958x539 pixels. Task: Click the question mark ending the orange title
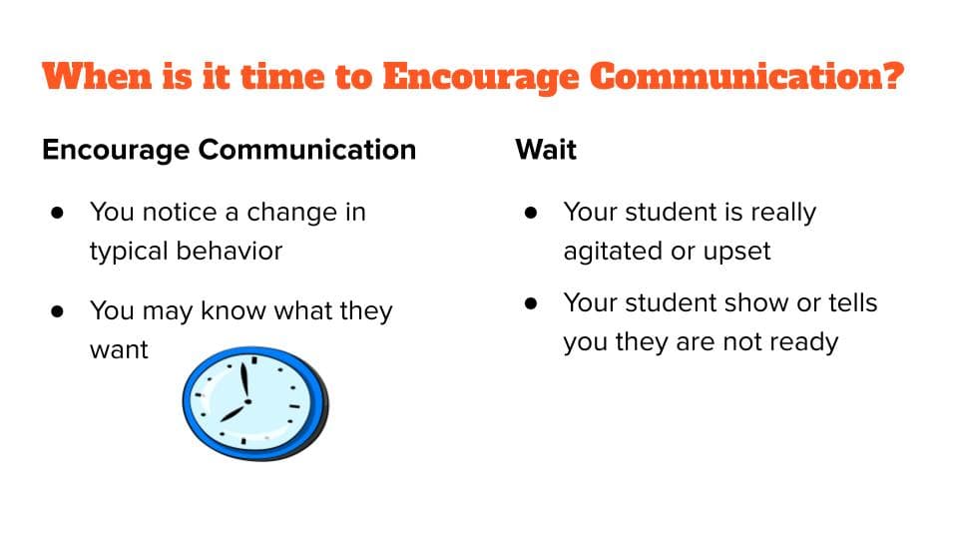[x=892, y=76]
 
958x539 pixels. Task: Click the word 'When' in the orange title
[x=97, y=76]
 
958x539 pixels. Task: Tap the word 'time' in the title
[x=282, y=76]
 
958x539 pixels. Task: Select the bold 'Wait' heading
[x=546, y=150]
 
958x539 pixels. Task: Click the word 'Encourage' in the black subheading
[x=116, y=151]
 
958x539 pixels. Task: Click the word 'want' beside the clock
[x=119, y=350]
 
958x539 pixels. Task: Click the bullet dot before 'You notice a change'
[x=58, y=213]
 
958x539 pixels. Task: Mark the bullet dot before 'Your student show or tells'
[x=531, y=303]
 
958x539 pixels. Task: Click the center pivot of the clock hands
[x=247, y=401]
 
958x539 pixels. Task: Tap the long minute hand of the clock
[x=244, y=382]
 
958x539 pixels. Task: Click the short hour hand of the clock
[x=234, y=411]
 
